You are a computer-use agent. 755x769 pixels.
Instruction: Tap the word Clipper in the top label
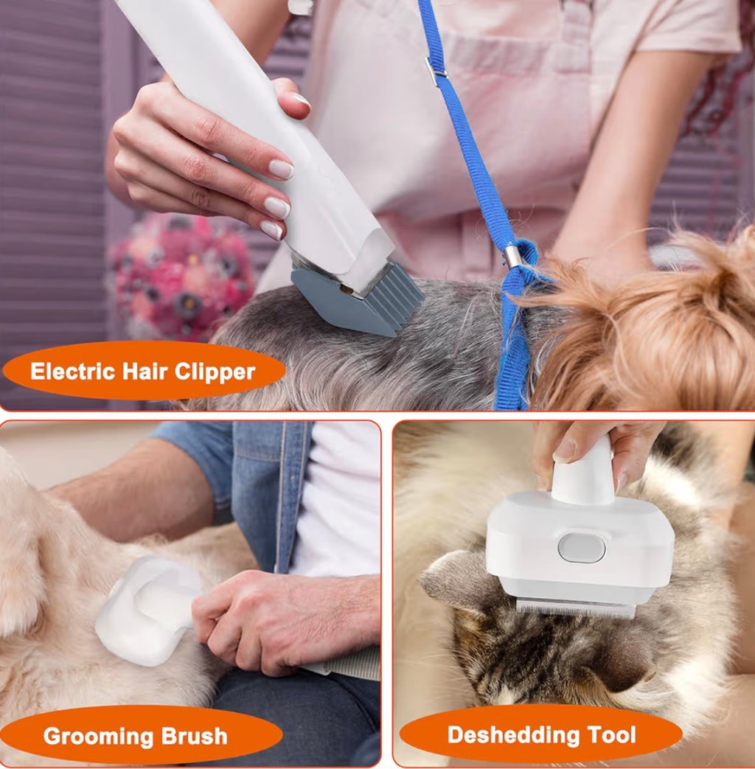click(218, 371)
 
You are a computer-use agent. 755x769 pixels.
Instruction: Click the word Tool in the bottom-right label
click(610, 734)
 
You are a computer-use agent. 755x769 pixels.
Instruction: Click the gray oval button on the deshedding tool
click(581, 548)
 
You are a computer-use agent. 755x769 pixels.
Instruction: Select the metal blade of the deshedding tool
click(575, 608)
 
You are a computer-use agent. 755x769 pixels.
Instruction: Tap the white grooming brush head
click(147, 608)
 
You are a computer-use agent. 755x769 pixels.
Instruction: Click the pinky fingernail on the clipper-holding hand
click(271, 230)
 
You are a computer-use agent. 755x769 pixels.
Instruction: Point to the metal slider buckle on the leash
click(436, 71)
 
